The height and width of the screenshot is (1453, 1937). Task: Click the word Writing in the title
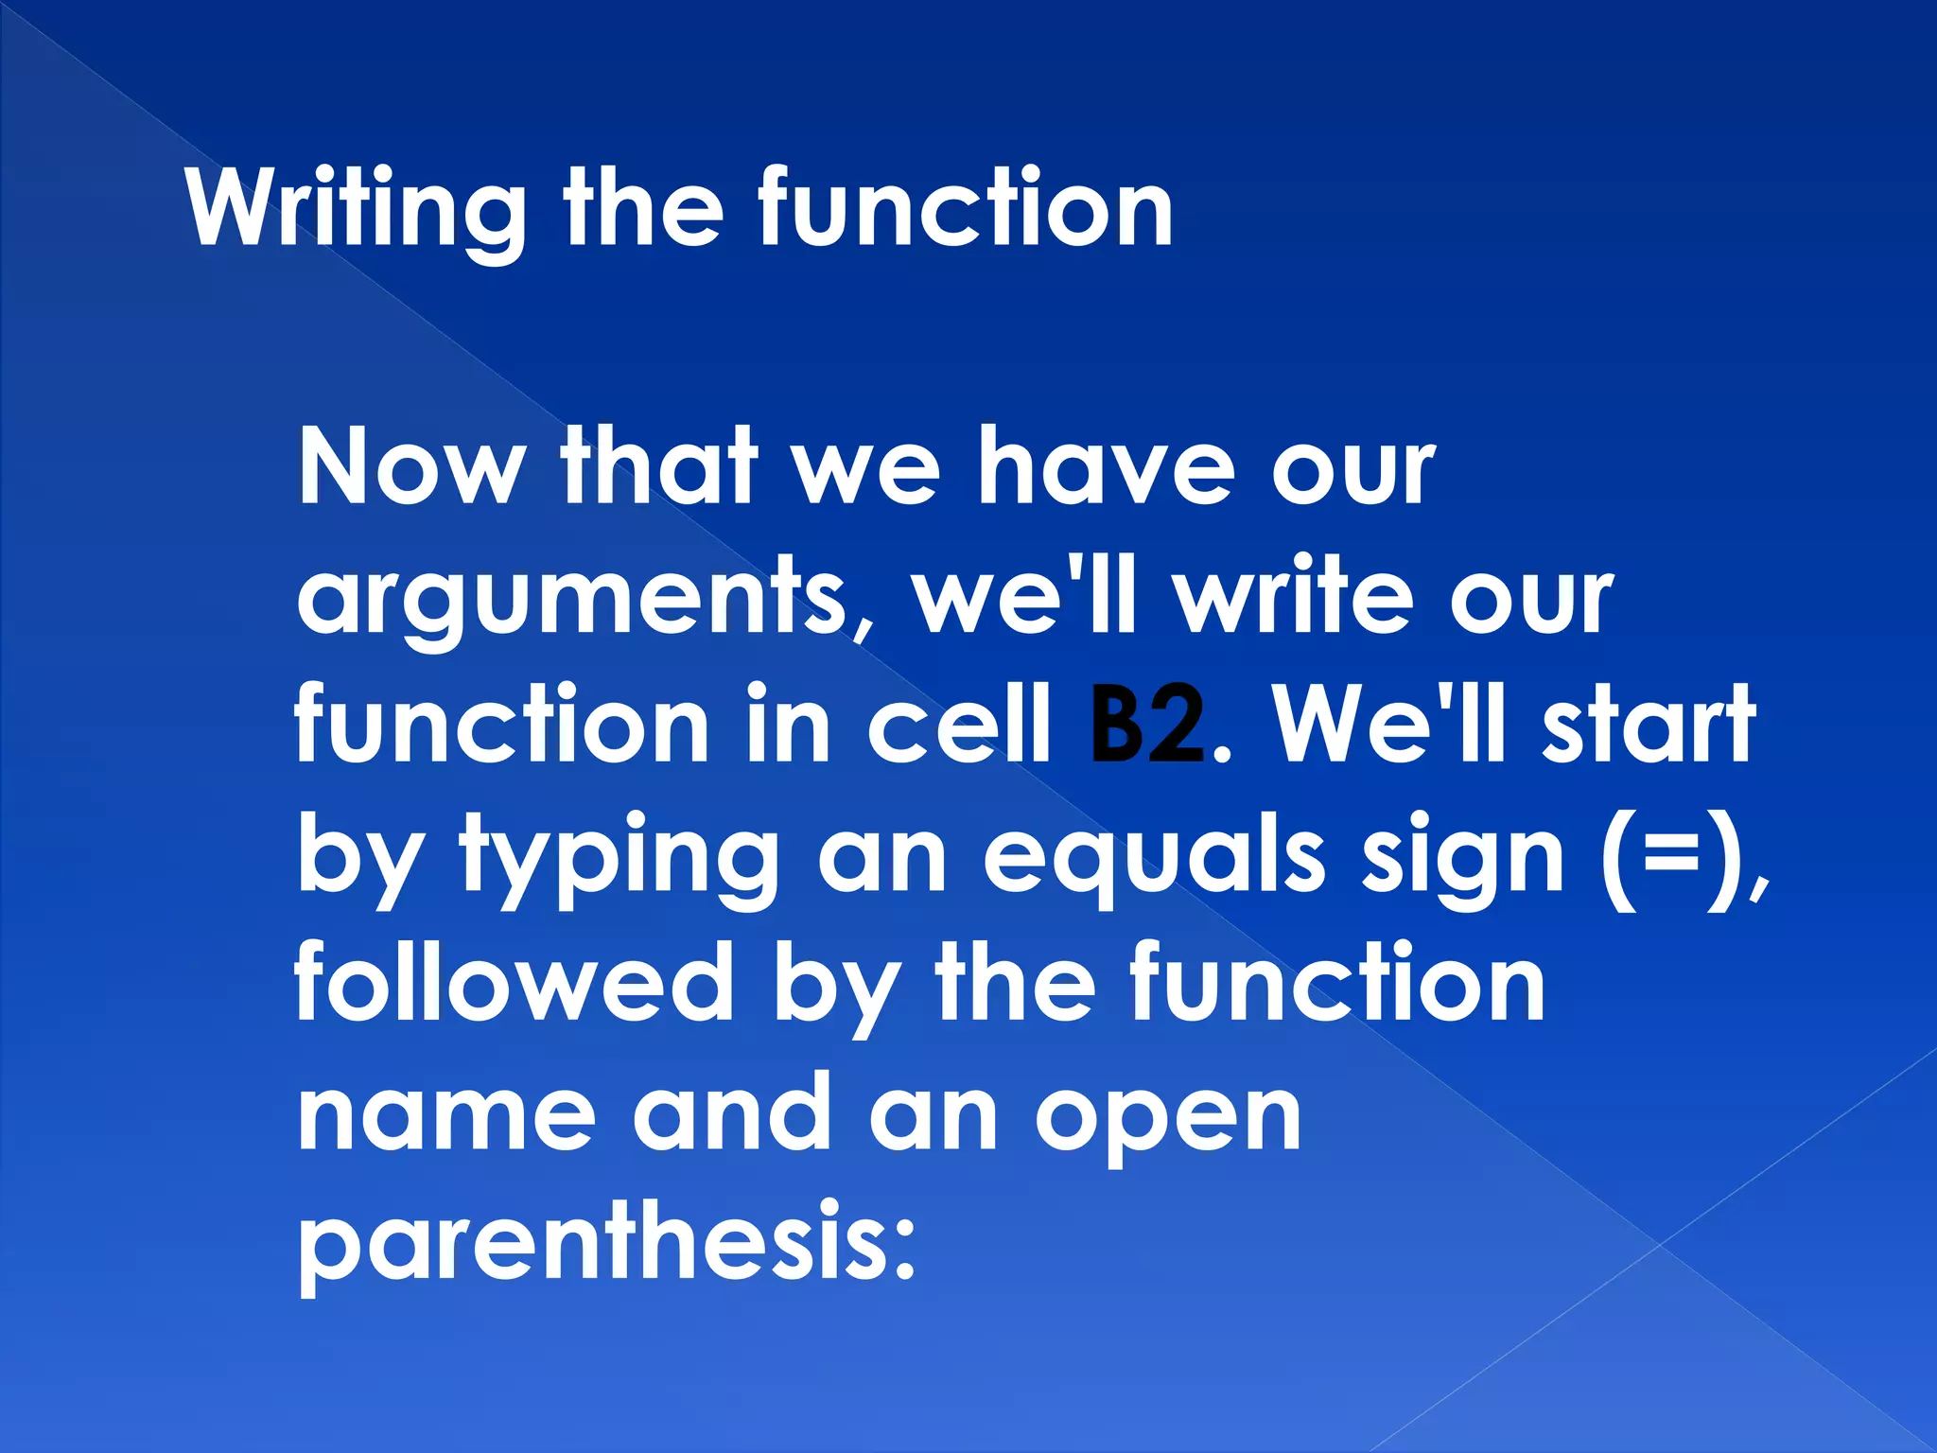click(x=356, y=210)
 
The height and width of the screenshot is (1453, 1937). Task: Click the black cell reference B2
click(x=1147, y=726)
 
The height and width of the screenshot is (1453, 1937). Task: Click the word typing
click(x=619, y=859)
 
